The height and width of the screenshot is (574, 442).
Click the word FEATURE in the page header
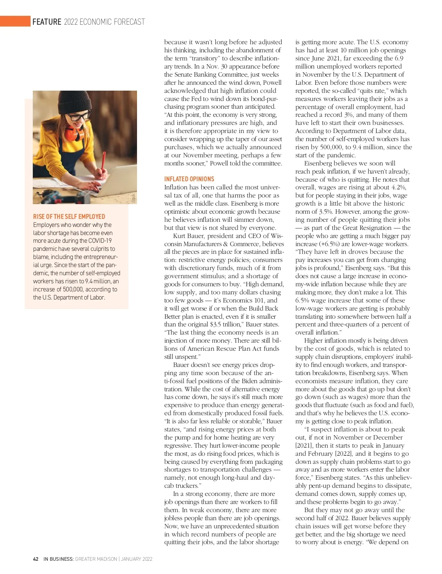click(x=47, y=22)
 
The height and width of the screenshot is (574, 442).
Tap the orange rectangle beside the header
click(x=15, y=21)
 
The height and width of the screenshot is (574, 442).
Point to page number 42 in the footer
click(x=36, y=559)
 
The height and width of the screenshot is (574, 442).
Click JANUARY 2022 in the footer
click(x=137, y=559)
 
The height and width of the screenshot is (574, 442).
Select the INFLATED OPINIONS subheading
click(x=189, y=179)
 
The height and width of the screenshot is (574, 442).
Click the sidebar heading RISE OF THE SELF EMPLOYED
click(x=69, y=217)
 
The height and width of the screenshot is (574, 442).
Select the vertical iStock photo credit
click(x=134, y=198)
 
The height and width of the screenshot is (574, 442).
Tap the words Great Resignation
click(x=367, y=228)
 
